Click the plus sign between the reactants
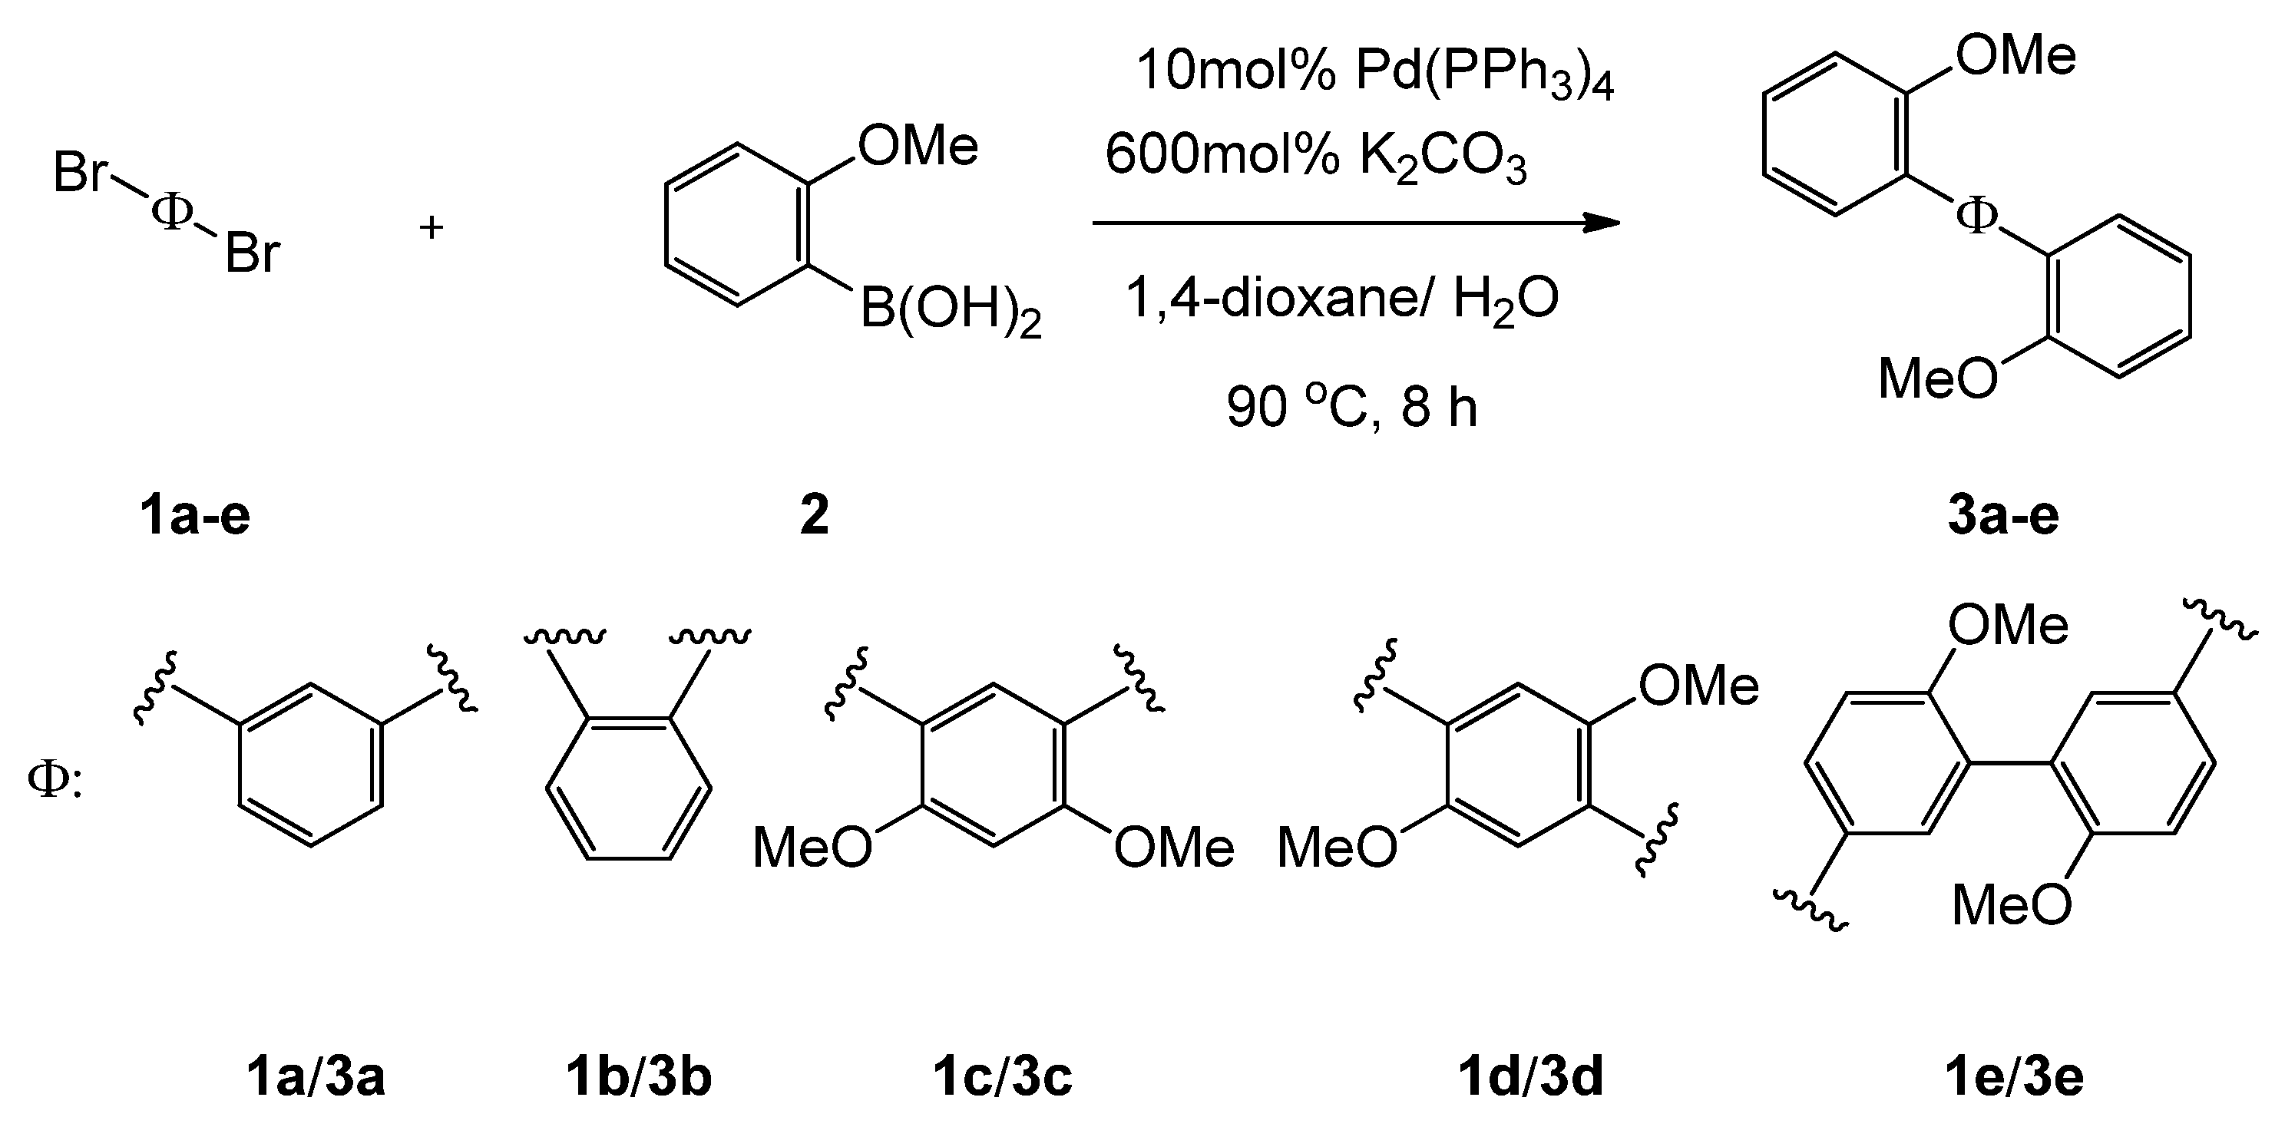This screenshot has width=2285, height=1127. (x=431, y=229)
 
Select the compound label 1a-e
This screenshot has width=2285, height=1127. (x=195, y=515)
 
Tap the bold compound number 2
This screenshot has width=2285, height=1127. (x=815, y=515)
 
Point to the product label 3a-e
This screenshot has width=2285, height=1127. (x=2003, y=515)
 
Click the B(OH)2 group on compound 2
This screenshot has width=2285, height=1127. (x=950, y=311)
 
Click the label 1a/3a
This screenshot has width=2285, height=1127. (x=316, y=1077)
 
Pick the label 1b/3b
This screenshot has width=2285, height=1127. (x=639, y=1077)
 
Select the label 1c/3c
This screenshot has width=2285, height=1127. (x=1002, y=1077)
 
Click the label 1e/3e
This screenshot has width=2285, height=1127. (x=2013, y=1077)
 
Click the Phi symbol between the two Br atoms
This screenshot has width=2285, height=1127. (x=172, y=211)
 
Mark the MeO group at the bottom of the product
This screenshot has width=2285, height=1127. (x=1938, y=379)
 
